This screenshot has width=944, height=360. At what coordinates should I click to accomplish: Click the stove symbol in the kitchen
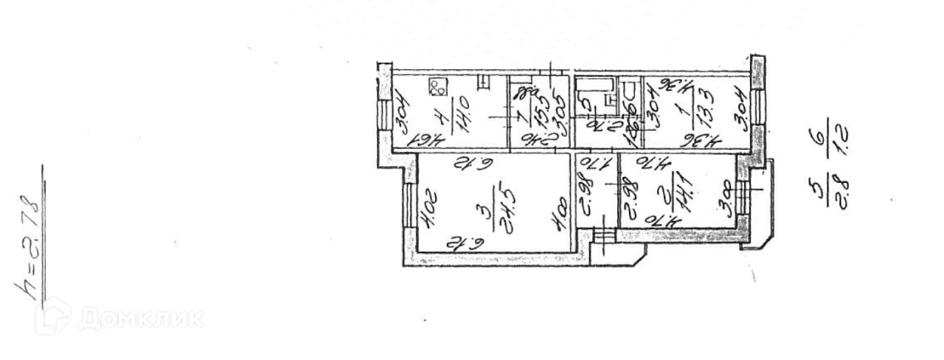[437, 88]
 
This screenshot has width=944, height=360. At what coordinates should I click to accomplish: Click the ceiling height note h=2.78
[27, 247]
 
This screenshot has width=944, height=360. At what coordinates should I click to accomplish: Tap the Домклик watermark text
[140, 318]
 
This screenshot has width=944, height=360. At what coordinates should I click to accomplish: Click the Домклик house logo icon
[54, 316]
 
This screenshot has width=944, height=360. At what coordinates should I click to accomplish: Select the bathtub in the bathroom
[595, 85]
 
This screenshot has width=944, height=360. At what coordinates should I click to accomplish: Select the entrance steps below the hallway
[604, 235]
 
